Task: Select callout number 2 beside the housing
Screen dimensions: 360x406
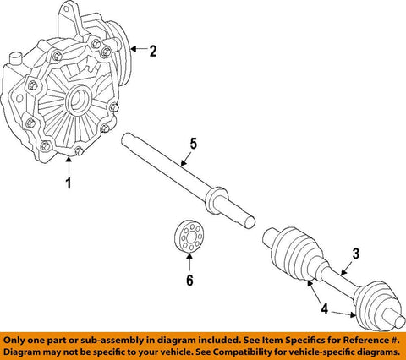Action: tap(153, 52)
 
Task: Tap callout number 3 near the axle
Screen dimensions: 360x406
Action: tap(357, 253)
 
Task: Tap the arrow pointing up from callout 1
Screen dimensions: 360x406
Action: tap(69, 166)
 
